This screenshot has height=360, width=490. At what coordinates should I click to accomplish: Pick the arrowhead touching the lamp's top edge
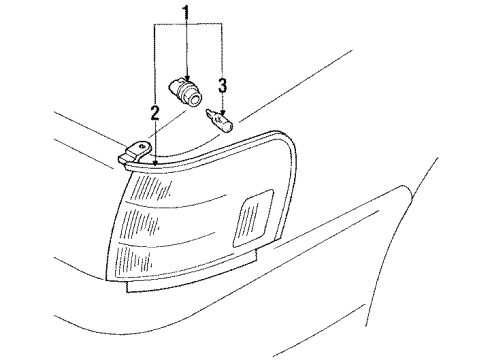pos(156,157)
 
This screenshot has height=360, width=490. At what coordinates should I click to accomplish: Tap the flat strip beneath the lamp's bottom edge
pos(190,286)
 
